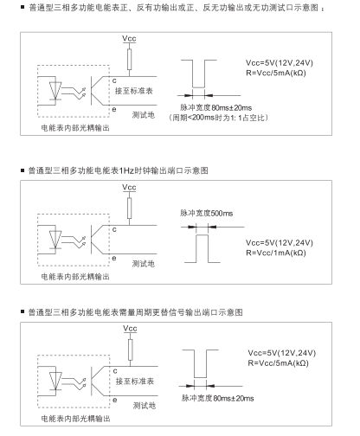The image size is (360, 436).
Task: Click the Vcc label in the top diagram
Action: coord(129,38)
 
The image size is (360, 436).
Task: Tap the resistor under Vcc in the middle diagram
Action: coord(129,208)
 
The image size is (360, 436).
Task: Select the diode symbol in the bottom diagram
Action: coord(55,381)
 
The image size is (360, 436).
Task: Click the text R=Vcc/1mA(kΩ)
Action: coord(275,253)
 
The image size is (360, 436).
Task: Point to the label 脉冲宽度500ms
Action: coord(206,213)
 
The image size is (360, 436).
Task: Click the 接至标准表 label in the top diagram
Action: coord(134,91)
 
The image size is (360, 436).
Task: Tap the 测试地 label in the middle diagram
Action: coord(144,264)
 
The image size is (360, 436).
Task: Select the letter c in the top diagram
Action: coord(114,80)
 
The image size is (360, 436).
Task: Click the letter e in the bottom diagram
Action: coord(115,400)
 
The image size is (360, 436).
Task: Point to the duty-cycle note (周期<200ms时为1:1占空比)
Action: coord(218,118)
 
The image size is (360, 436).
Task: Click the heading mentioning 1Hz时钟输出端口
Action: coord(118,170)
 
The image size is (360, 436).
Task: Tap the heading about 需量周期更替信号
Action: coord(135,312)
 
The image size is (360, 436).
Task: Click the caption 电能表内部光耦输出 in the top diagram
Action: coord(75,128)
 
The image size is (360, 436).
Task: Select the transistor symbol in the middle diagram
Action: coord(97,240)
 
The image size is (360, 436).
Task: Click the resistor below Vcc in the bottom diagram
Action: coord(131,349)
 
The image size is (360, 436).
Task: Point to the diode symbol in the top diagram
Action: coord(55,91)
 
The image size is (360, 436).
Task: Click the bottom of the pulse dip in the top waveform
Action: coord(198,87)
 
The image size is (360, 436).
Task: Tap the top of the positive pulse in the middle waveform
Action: coord(202,235)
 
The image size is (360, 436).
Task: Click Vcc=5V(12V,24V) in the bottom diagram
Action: coord(282,353)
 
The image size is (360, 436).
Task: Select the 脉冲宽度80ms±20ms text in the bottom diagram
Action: coord(218,398)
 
